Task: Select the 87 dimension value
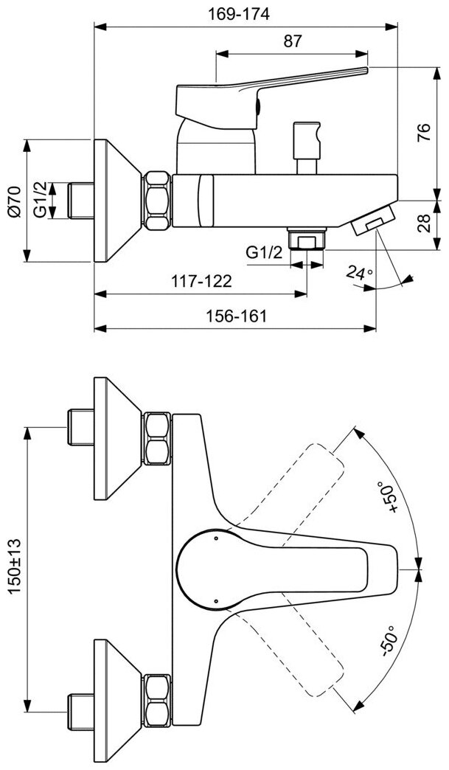click(x=293, y=41)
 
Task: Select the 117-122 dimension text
click(x=200, y=281)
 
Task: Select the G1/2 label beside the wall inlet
click(x=43, y=201)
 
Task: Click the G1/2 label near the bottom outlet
click(x=264, y=252)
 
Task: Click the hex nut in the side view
click(x=158, y=201)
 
